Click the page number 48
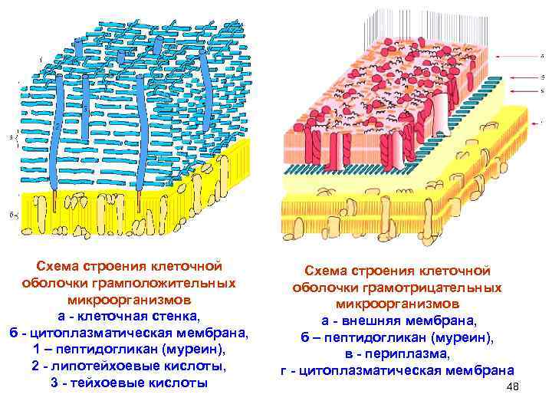(513, 387)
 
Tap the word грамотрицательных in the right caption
(438, 287)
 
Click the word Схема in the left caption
(64, 265)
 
